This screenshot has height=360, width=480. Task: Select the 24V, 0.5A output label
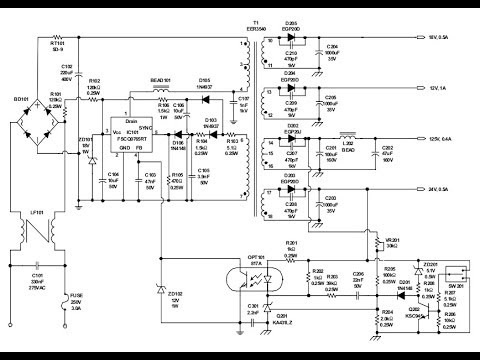(442, 188)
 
